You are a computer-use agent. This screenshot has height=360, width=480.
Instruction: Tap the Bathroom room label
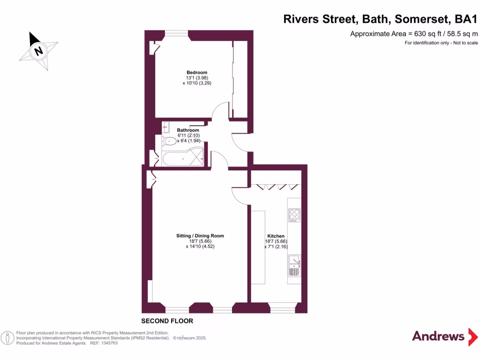(188, 130)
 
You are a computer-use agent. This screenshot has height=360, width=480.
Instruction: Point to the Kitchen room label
(276, 236)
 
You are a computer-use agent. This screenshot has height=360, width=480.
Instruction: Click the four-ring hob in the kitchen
(294, 215)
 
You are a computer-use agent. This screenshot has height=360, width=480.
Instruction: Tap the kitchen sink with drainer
(294, 265)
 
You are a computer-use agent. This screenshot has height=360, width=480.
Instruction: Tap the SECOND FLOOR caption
(167, 321)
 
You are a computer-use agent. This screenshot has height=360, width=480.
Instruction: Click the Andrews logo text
(438, 336)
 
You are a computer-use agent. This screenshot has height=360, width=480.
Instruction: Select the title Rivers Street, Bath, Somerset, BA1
(380, 19)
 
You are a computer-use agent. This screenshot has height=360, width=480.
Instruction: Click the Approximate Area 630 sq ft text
(414, 34)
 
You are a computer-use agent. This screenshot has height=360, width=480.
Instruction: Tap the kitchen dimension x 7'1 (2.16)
(276, 247)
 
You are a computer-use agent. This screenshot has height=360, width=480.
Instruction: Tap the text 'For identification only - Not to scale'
(441, 43)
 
